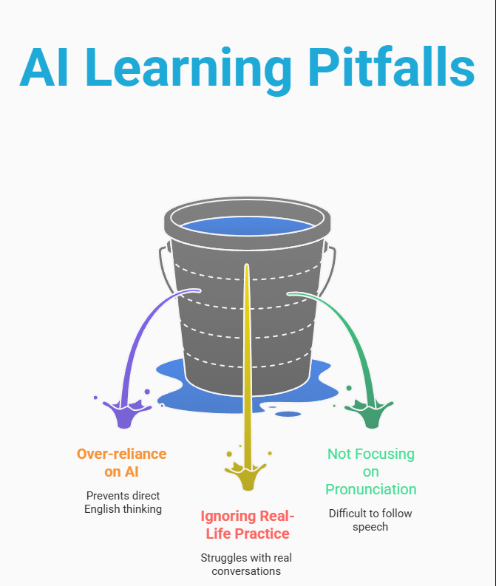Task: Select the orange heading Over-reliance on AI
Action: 122,463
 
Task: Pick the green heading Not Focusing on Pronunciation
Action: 371,471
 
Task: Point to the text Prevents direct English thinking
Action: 123,502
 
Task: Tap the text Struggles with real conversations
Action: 247,565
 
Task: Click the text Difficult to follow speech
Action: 371,520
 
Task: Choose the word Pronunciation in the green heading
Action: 371,489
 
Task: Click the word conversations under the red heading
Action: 247,571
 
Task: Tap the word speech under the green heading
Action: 371,527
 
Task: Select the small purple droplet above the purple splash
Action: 147,392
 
